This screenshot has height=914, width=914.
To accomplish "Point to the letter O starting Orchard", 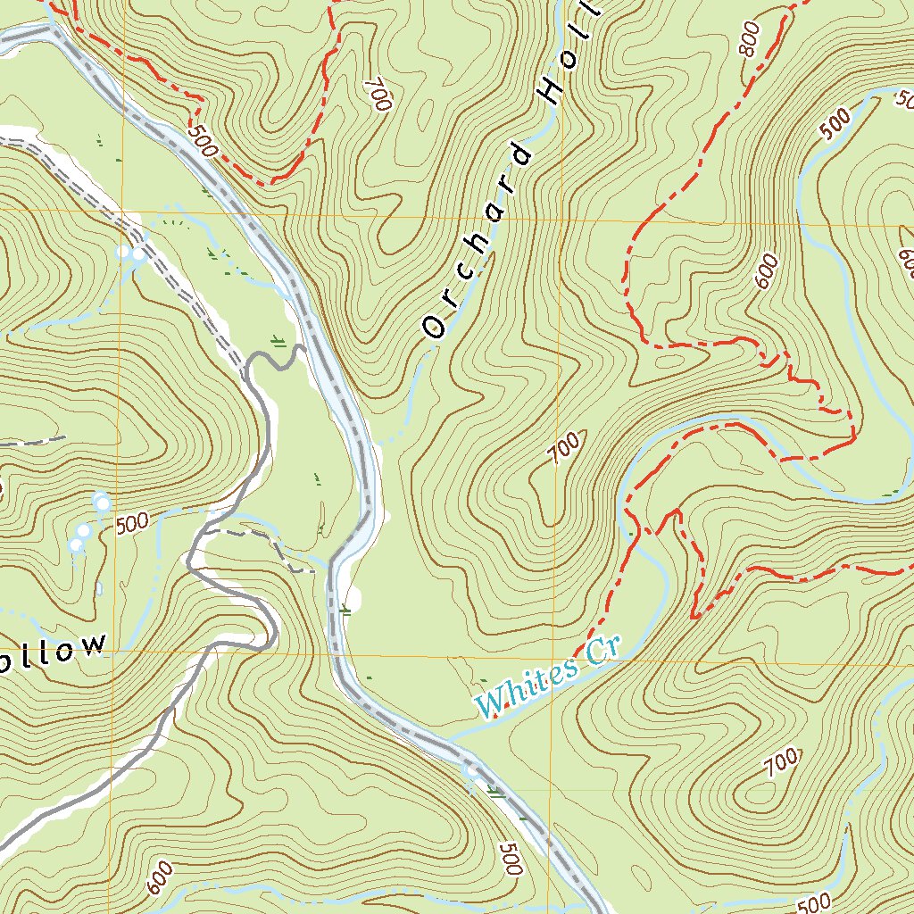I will point(435,328).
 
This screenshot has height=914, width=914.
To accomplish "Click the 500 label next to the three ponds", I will point(132,523).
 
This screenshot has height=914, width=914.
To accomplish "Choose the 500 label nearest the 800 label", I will point(835,124).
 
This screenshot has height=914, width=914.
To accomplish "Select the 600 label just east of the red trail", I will point(767,270).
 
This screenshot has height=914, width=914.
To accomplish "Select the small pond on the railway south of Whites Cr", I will point(471,769).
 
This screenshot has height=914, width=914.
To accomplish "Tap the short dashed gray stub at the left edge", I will point(36,440).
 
